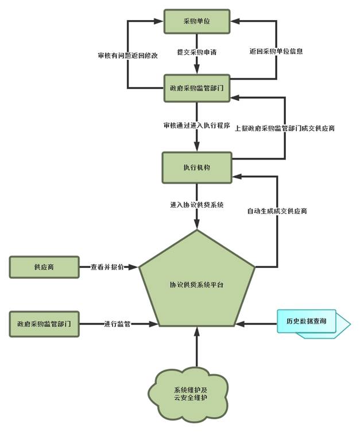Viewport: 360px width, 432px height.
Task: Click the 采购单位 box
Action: pyautogui.click(x=197, y=22)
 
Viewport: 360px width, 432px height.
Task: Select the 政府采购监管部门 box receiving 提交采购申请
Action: pyautogui.click(x=197, y=88)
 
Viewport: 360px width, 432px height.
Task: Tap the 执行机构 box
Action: pyautogui.click(x=197, y=167)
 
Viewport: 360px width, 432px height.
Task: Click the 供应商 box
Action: pyautogui.click(x=43, y=267)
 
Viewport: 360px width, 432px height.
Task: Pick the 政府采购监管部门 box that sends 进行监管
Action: pyautogui.click(x=44, y=324)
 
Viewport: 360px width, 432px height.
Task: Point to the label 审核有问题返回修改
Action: pyautogui.click(x=127, y=56)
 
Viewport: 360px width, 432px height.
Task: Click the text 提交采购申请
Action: pyautogui.click(x=198, y=52)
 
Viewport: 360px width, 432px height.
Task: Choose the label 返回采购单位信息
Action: pyautogui.click(x=277, y=51)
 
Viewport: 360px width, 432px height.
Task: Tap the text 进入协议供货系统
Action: pyautogui.click(x=196, y=205)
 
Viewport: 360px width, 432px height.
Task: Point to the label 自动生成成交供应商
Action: pyautogui.click(x=277, y=211)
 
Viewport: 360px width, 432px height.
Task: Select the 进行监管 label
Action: pyautogui.click(x=117, y=324)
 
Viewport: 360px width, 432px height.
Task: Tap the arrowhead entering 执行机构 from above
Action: pyautogui.click(x=197, y=148)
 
